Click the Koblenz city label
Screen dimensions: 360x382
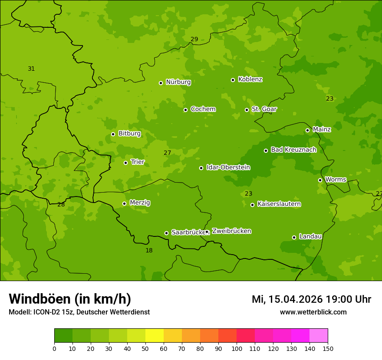point(250,79)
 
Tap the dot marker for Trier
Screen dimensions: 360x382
point(126,163)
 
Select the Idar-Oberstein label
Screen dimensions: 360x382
point(228,167)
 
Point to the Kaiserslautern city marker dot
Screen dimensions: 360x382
point(252,205)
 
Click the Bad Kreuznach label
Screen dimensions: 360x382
point(293,150)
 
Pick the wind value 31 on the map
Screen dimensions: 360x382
point(31,69)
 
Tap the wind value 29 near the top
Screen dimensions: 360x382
point(194,39)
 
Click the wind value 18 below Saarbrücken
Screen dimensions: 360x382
point(149,250)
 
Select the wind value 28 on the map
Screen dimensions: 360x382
point(61,204)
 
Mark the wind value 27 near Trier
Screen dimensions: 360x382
point(168,153)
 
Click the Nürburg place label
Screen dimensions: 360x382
point(178,82)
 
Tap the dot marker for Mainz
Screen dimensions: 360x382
point(307,130)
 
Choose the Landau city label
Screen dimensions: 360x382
point(310,236)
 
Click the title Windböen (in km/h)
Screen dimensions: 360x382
point(70,299)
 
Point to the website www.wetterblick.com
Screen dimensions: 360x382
point(313,312)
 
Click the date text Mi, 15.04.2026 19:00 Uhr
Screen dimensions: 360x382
point(311,299)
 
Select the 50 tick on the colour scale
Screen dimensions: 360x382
point(145,348)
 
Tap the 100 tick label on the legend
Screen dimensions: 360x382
point(237,348)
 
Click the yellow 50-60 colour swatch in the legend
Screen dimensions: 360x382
point(155,336)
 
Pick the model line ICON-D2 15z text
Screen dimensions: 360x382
point(79,312)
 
